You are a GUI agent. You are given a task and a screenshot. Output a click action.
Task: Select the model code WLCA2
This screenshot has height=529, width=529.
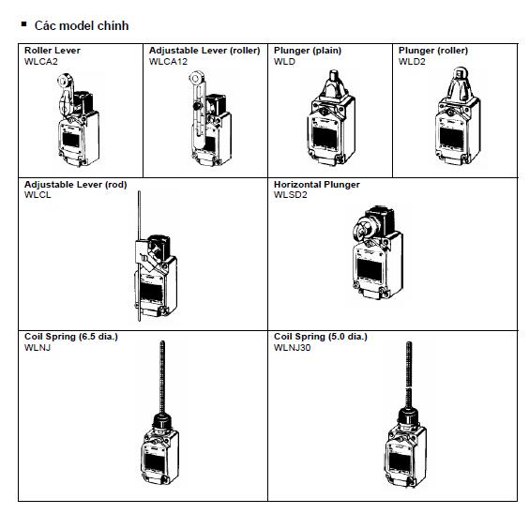40,61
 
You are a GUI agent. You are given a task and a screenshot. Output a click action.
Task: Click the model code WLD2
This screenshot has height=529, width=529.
412,61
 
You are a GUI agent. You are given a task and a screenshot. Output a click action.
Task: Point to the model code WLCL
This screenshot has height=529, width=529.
38,195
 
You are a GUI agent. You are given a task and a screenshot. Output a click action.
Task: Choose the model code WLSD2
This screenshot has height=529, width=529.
290,195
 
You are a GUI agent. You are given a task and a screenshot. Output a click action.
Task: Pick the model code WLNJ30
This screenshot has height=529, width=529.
293,347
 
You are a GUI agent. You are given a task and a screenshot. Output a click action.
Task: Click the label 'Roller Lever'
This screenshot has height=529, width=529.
53,51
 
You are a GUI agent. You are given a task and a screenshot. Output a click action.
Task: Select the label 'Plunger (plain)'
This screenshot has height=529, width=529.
308,51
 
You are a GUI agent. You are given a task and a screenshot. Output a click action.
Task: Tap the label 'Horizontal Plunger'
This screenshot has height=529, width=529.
316,185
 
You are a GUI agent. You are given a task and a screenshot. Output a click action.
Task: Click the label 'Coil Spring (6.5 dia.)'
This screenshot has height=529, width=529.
71,337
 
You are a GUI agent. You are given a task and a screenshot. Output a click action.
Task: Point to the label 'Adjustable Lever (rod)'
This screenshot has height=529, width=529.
75,185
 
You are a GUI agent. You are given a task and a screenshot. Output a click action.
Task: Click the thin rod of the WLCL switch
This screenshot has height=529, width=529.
139,216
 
